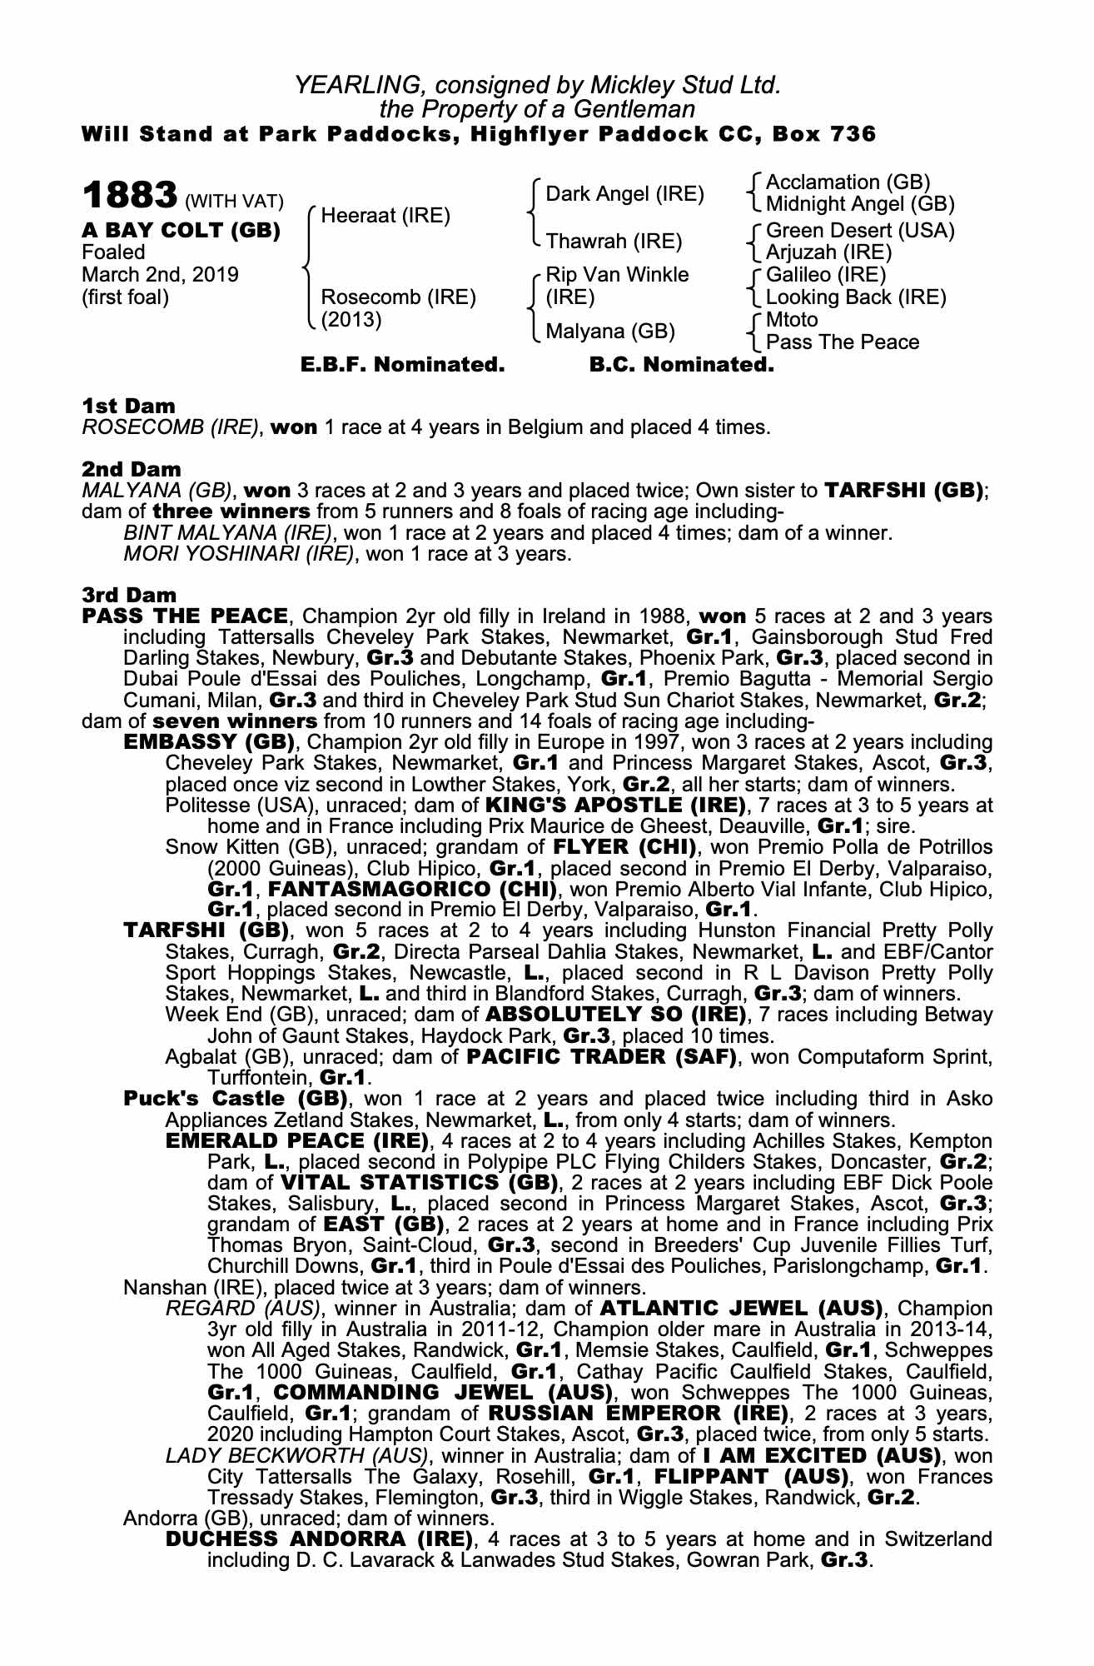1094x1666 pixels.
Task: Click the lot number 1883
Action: (129, 197)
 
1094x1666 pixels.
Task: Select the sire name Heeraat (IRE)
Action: (385, 216)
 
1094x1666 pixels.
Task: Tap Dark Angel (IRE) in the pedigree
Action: (624, 194)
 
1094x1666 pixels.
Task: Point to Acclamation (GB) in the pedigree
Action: (848, 182)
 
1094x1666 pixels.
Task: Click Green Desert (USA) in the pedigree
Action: (860, 231)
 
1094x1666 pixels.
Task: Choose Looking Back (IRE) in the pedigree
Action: (856, 297)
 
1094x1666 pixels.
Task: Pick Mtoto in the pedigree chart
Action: (792, 320)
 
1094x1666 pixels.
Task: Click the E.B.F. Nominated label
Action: (402, 365)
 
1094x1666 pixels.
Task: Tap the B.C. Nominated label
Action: (681, 365)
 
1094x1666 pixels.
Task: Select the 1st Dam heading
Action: (128, 407)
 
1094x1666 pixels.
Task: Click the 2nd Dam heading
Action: (131, 469)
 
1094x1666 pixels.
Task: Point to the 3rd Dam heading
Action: (130, 595)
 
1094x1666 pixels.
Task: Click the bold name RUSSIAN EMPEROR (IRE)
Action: (638, 1414)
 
